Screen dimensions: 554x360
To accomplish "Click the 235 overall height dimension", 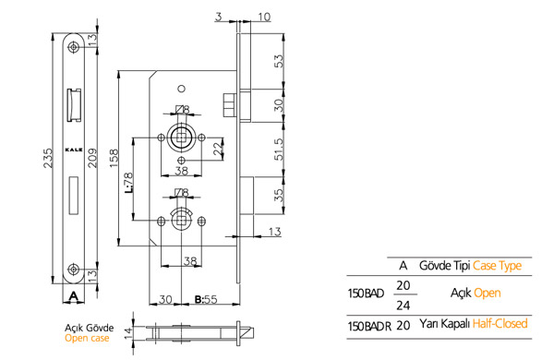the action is (48, 158).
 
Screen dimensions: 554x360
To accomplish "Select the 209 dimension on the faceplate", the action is (92, 158).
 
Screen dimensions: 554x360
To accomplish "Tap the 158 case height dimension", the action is (114, 158).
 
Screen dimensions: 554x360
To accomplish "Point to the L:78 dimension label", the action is (128, 182).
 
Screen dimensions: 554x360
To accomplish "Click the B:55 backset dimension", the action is (206, 300).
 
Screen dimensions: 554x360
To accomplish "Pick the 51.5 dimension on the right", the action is (279, 150).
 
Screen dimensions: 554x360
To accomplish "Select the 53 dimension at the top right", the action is (279, 61).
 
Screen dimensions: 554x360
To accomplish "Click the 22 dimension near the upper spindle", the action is (219, 149).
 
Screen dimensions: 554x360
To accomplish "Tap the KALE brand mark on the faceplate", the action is (74, 150).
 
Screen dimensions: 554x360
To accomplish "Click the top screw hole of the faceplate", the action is (74, 47).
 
